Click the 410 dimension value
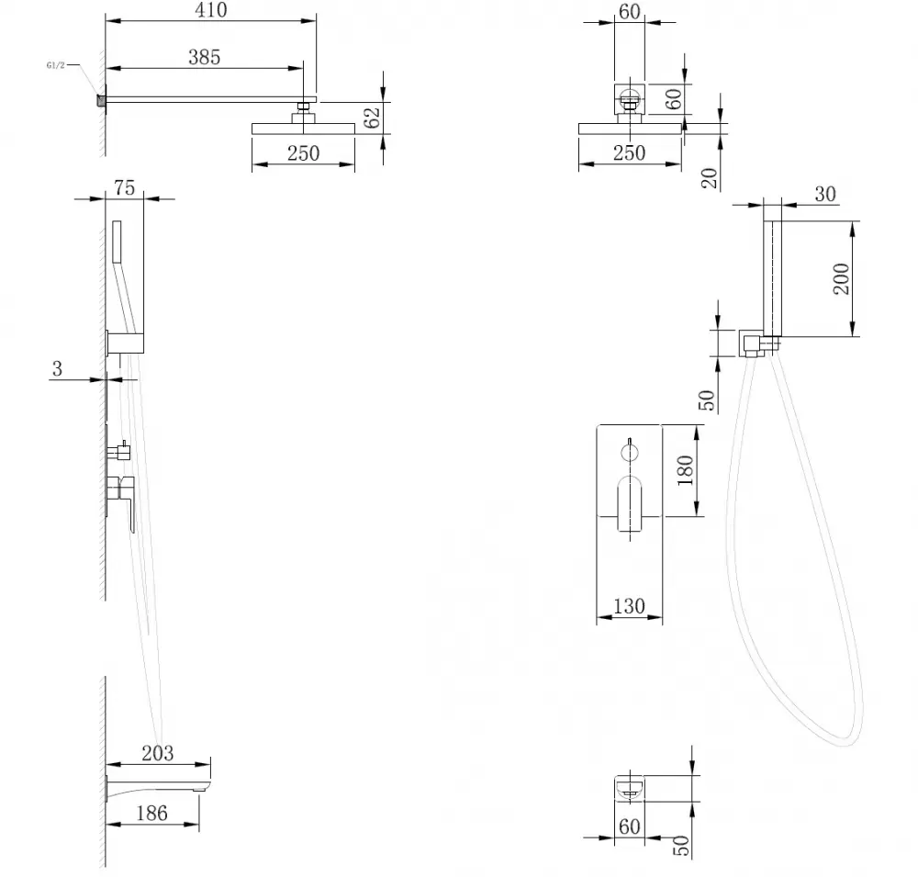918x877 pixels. tap(210, 11)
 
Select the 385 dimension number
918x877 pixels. tap(204, 57)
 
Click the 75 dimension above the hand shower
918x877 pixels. tap(124, 188)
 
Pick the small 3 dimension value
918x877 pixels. tap(57, 369)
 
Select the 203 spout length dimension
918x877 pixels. tap(158, 754)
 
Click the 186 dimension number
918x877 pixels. tap(151, 813)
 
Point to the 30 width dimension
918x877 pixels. tap(824, 194)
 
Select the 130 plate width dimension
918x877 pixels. tap(629, 607)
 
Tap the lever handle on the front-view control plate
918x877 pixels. tap(629, 503)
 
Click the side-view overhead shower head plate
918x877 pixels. tap(303, 129)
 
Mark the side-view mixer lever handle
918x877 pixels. tap(122, 500)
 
